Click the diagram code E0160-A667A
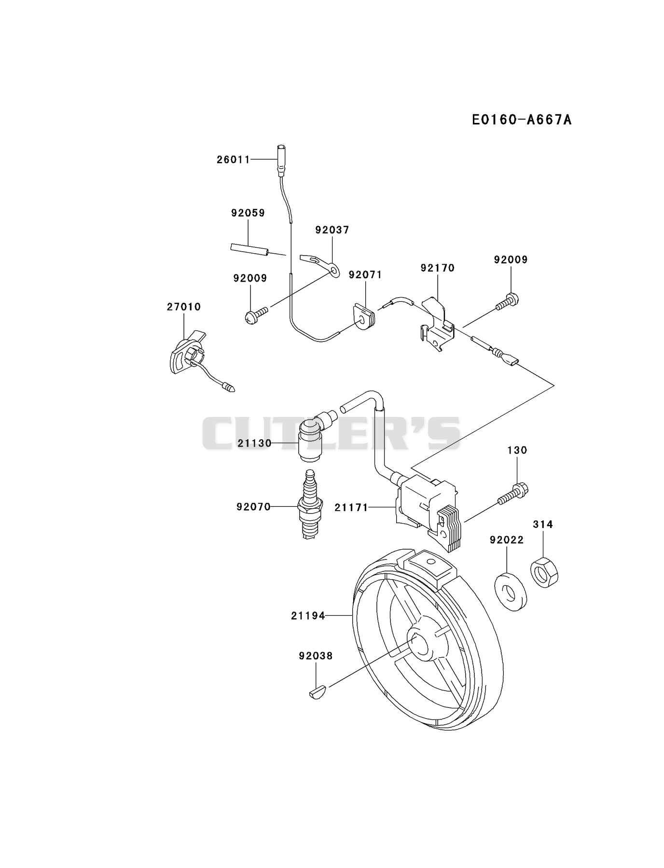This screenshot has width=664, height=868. (x=522, y=119)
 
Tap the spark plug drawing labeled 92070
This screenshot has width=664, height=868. (x=310, y=504)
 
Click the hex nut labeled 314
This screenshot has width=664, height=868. (x=544, y=572)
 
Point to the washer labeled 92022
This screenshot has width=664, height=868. (x=511, y=591)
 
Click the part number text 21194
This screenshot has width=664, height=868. (x=308, y=615)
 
